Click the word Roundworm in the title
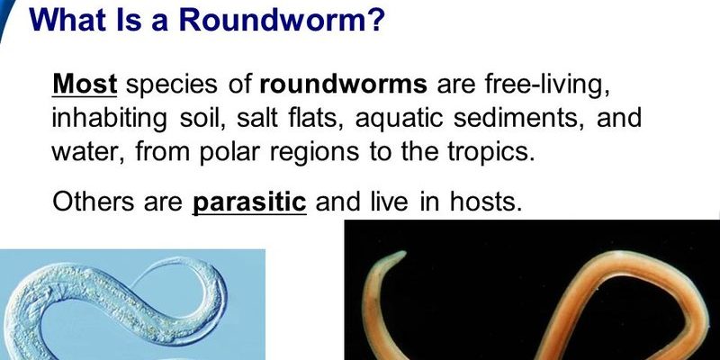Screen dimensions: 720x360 274,19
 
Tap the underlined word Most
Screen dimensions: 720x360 85,84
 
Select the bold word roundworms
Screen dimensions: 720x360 344,85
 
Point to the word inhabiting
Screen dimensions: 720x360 109,120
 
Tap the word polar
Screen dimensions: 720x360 229,153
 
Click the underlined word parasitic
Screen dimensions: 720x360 249,202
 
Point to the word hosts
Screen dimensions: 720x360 486,201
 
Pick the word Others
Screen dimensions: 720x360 94,201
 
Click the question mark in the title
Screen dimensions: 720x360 375,19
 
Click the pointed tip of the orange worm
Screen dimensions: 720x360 404,253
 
